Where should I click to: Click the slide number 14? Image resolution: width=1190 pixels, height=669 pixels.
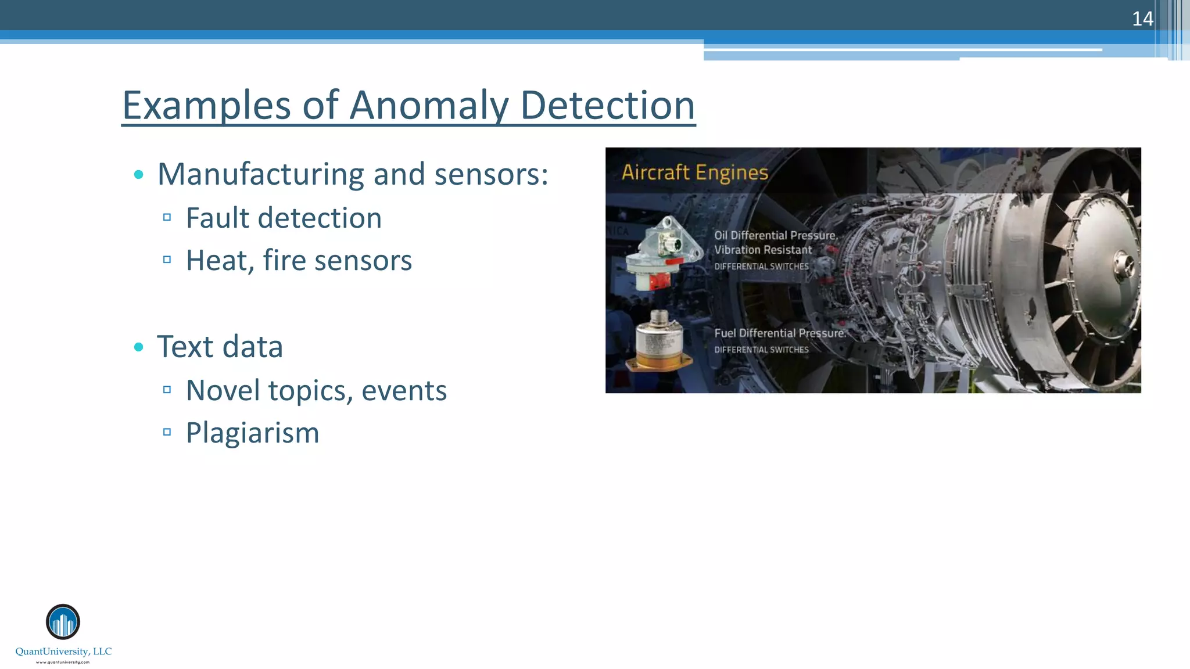coord(1142,19)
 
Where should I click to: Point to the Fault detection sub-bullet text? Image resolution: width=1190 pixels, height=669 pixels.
coord(284,218)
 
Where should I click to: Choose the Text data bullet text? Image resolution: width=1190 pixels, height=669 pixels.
coord(220,347)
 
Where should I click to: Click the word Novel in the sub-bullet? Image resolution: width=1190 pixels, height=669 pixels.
coord(223,390)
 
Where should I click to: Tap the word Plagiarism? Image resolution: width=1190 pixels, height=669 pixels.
coord(252,433)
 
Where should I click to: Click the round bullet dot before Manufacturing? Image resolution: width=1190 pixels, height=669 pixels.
coord(138,174)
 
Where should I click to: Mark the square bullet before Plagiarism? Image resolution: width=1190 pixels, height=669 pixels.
coord(167,432)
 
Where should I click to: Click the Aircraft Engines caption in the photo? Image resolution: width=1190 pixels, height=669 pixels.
coord(695,172)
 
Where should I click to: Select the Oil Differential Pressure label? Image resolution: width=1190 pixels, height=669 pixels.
coord(775,235)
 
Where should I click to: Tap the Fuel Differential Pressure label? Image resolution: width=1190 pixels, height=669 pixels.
coord(779,333)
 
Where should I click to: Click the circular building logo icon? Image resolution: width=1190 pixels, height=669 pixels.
coord(63,622)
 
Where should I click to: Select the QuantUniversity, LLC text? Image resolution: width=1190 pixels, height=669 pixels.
coord(63,652)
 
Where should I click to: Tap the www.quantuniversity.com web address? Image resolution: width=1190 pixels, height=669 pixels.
coord(63,662)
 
